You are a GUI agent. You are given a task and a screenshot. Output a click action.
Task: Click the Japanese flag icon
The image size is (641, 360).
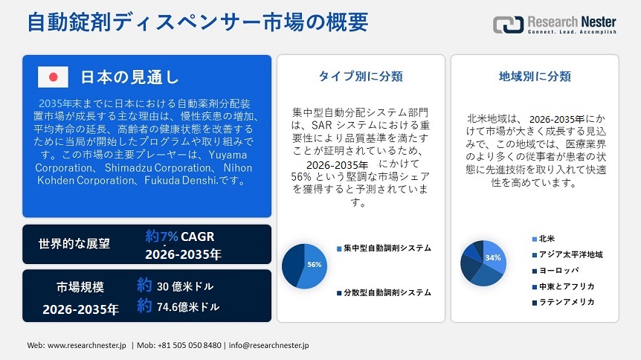click(x=53, y=77)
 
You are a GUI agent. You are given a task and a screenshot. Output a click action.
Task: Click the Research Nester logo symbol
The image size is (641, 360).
click(x=508, y=25)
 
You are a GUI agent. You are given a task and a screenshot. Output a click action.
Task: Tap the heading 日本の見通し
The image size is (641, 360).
click(x=129, y=77)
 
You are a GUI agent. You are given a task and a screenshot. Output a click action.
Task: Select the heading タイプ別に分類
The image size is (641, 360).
click(x=361, y=76)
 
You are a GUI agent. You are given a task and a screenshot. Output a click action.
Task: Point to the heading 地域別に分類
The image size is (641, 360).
click(x=535, y=76)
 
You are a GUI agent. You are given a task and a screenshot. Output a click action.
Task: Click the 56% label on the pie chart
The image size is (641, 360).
click(x=315, y=265)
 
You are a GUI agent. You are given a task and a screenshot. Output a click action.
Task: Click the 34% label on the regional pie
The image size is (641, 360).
click(x=492, y=257)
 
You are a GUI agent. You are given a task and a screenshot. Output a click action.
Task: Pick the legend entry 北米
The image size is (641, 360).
click(x=544, y=239)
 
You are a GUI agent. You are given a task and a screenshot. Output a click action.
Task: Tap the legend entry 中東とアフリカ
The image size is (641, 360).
click(x=564, y=286)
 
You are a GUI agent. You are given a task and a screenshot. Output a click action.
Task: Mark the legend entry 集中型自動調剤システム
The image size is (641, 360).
click(x=384, y=248)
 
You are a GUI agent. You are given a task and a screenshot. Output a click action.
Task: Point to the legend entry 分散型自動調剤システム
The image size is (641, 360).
click(x=384, y=292)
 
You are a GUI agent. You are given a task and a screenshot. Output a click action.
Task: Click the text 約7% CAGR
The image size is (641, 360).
click(x=179, y=236)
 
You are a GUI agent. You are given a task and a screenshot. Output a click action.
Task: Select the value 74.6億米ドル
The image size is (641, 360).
click(x=188, y=306)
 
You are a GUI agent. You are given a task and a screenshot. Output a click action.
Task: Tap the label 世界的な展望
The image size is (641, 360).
click(x=74, y=244)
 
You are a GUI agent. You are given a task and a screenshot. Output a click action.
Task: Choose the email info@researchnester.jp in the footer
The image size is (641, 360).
click(x=268, y=345)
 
